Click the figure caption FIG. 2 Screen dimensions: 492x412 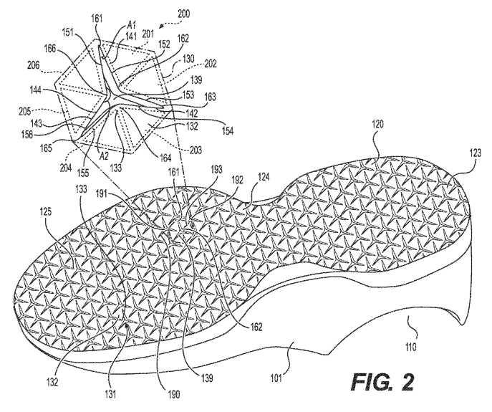coord(382,381)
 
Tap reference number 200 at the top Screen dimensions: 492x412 coord(183,14)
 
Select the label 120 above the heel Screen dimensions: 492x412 coord(377,125)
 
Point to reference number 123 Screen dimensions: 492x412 coord(475,153)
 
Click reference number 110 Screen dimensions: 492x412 coord(411,348)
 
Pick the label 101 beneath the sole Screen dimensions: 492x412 coord(276,378)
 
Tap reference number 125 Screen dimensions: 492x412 coord(46,212)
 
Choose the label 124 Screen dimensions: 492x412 coord(263,178)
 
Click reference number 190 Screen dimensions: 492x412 coord(173,395)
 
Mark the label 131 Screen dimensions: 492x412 coord(110,393)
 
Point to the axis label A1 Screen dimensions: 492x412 coord(132,25)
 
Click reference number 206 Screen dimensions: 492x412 coord(34,65)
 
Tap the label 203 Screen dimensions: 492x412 coord(196,149)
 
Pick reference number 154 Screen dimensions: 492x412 coord(228,131)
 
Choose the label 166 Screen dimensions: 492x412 coord(50,48)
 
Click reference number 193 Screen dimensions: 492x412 coord(216,170)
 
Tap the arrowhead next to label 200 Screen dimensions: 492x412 coord(161,27)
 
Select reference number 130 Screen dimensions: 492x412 coord(188,59)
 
